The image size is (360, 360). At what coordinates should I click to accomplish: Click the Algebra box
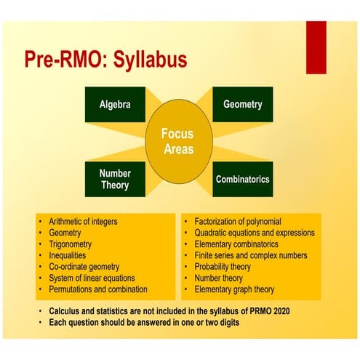tap(114, 104)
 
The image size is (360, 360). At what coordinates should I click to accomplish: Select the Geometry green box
tap(242, 104)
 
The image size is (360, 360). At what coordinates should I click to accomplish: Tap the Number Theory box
tap(114, 179)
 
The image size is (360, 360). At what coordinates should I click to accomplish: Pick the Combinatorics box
tap(242, 178)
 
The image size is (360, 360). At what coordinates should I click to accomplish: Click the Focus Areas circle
tap(177, 141)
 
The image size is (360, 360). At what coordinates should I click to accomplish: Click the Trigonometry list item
tap(73, 244)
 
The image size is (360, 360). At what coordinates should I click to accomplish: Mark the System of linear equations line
tap(92, 279)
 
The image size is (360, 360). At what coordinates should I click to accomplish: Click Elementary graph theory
tap(235, 289)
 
